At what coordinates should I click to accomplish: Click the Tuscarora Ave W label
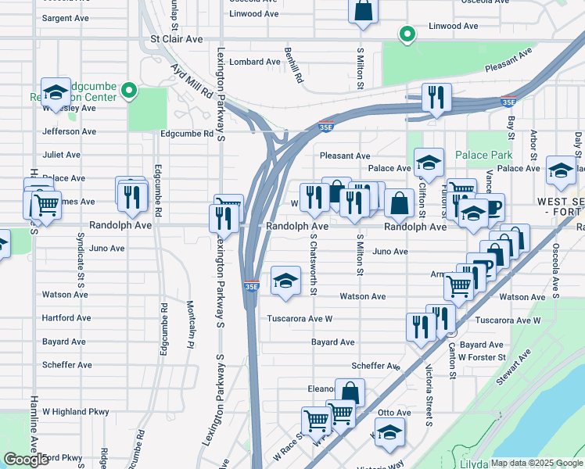pos(300,319)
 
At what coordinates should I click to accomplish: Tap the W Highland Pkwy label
pos(75,411)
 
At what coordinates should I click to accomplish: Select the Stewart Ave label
pos(513,367)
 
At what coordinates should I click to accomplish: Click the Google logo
pos(26,460)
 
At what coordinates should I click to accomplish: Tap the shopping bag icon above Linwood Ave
pos(363,12)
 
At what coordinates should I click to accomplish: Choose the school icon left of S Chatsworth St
pos(286,281)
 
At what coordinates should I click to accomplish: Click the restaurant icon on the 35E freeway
pos(434,98)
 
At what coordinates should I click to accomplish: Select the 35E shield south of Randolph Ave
pos(251,287)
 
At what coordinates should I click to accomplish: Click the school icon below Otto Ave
pos(389,433)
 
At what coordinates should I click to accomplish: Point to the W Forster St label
pos(483,357)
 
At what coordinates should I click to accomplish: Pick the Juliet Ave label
pos(62,155)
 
